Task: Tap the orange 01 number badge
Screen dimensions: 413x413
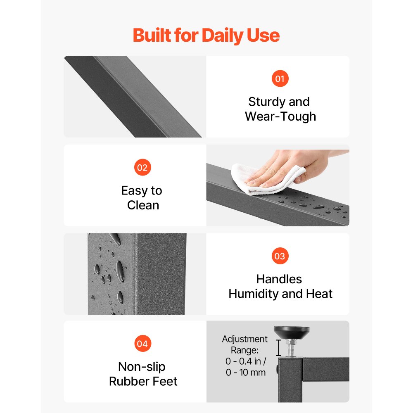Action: tap(280, 78)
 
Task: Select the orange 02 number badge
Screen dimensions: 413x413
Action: tap(142, 167)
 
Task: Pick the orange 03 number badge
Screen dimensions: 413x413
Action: tap(280, 256)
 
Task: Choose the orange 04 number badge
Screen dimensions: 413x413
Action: tap(142, 344)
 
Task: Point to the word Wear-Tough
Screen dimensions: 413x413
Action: tap(280, 116)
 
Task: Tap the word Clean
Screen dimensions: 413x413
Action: tap(143, 205)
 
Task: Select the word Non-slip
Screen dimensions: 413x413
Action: tap(142, 367)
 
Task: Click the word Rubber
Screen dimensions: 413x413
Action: tap(128, 381)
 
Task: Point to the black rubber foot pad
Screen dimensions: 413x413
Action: tap(292, 332)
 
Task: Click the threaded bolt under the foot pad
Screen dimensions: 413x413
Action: tap(291, 348)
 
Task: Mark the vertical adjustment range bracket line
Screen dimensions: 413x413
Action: tap(278, 348)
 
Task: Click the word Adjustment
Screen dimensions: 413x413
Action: tap(244, 339)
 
